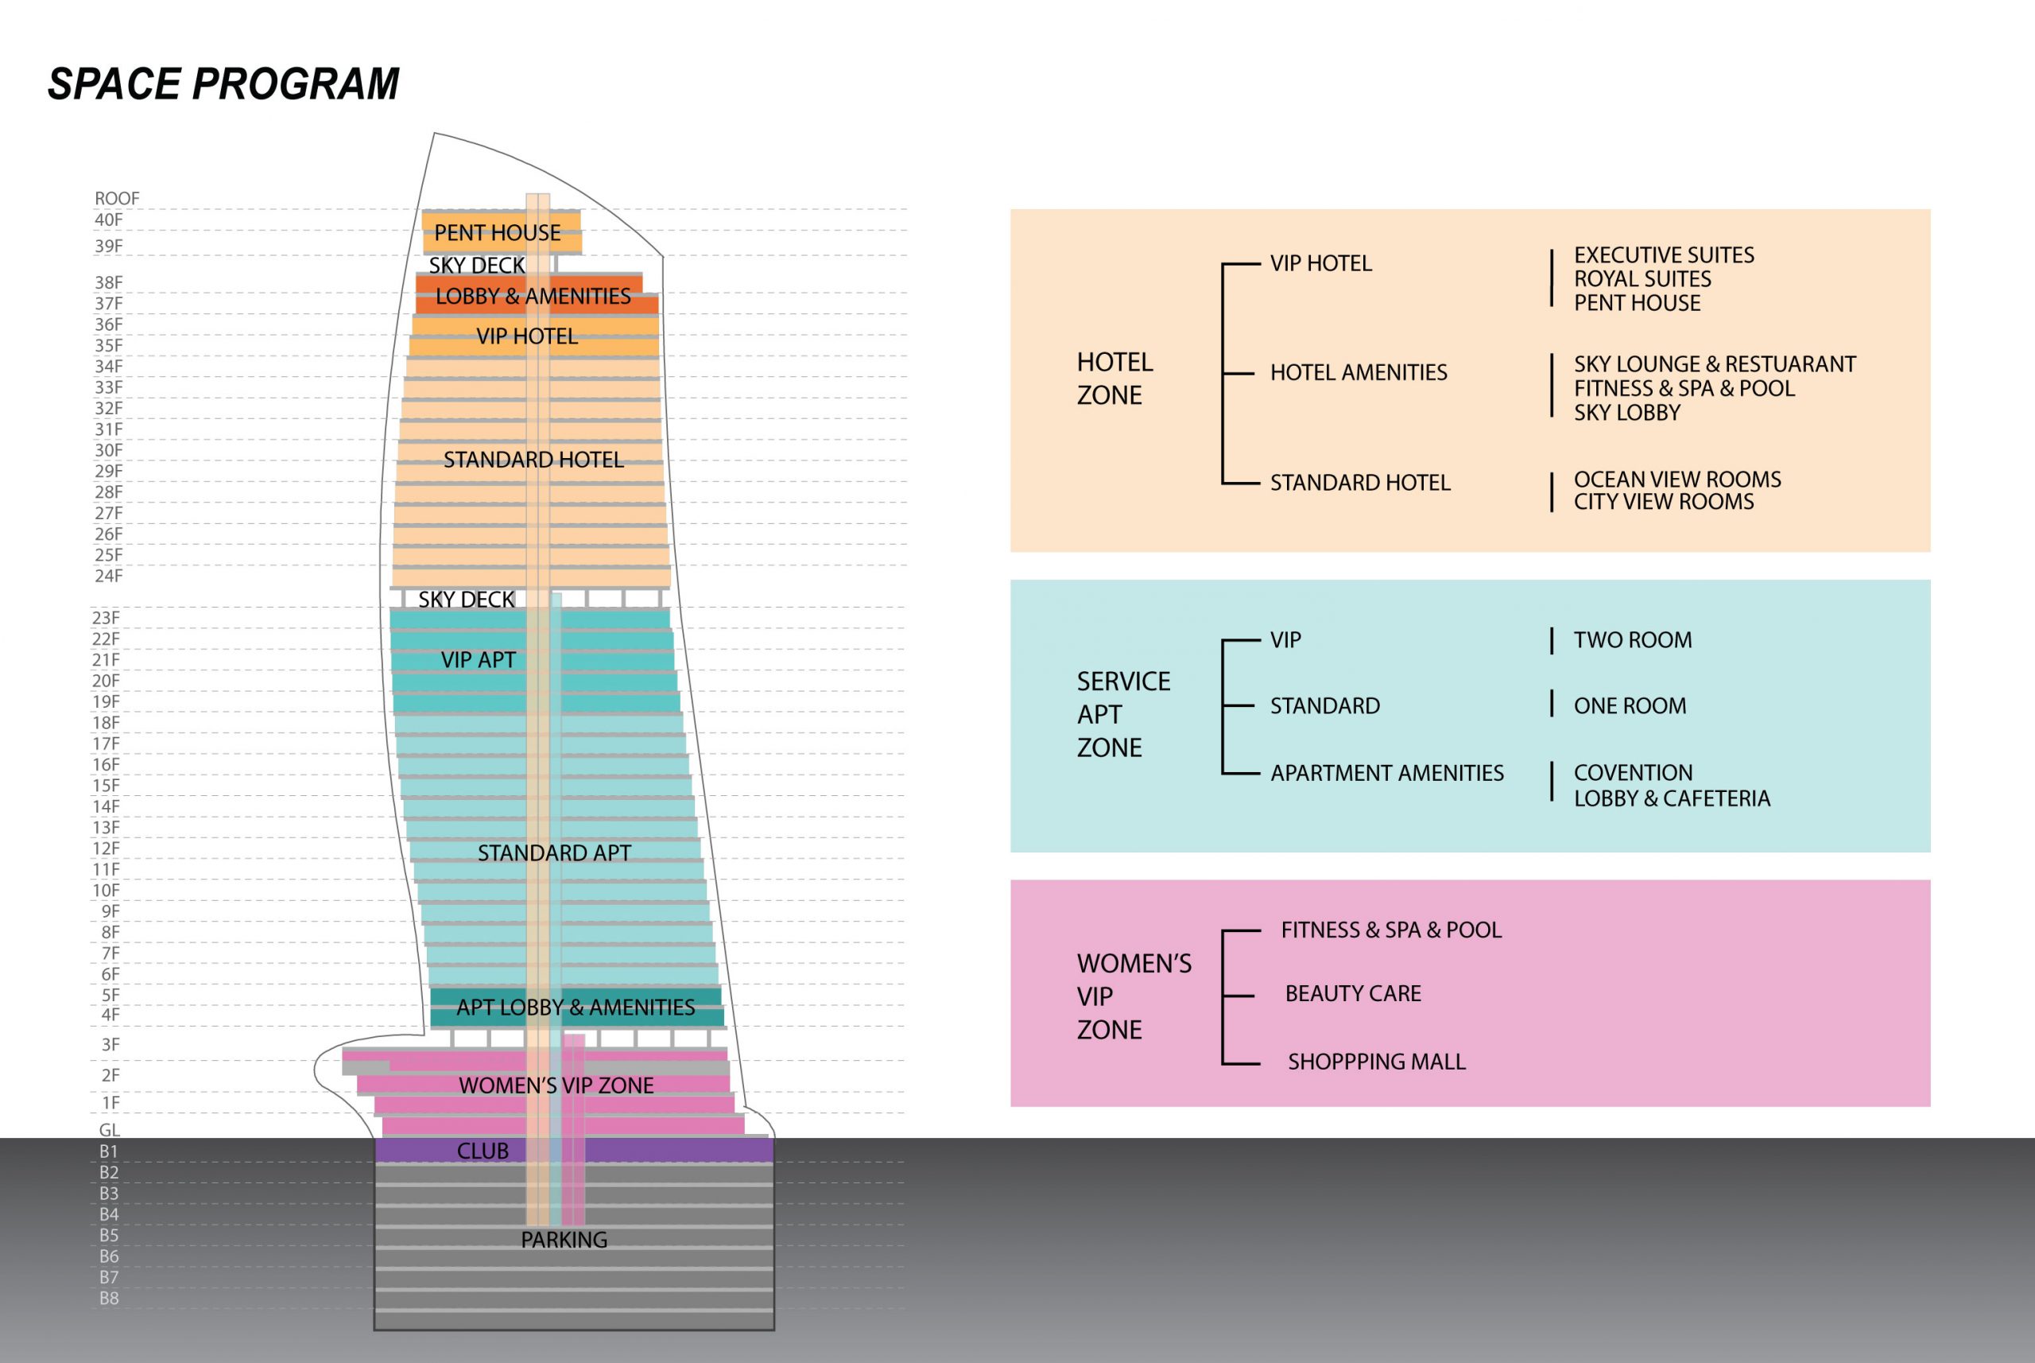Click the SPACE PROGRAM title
[223, 84]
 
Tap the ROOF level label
[116, 198]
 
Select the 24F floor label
[109, 576]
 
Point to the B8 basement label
[109, 1298]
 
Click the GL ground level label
[110, 1130]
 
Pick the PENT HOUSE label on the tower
[497, 233]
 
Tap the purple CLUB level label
[483, 1151]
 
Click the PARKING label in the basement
[564, 1240]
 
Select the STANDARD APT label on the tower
[554, 852]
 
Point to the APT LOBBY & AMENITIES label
[576, 1007]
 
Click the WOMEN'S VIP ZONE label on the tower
[556, 1085]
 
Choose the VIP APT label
[478, 660]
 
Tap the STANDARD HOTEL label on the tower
[533, 460]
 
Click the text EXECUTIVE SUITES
[1664, 254]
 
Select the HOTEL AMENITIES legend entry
[1359, 372]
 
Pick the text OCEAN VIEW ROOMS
[1677, 479]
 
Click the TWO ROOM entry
[1633, 640]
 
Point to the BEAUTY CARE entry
[1353, 992]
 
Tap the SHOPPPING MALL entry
[1376, 1062]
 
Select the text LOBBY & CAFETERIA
[1672, 798]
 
